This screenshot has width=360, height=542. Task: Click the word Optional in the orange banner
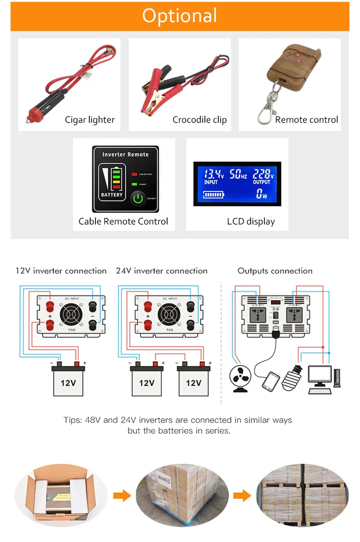tap(180, 16)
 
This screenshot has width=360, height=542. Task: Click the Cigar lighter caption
tap(90, 120)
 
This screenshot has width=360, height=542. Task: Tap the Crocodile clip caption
tap(199, 120)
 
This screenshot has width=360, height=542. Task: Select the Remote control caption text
tap(306, 120)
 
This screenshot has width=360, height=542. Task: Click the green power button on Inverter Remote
tap(138, 199)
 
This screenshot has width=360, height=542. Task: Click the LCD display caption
tap(251, 222)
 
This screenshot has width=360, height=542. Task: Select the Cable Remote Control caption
tap(123, 222)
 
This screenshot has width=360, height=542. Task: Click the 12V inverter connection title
tap(61, 271)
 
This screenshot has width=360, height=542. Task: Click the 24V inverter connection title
tap(162, 271)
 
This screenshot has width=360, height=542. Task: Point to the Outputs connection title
tap(275, 271)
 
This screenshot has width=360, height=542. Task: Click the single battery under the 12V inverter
tap(68, 381)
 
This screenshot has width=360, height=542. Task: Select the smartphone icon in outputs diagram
tap(271, 381)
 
